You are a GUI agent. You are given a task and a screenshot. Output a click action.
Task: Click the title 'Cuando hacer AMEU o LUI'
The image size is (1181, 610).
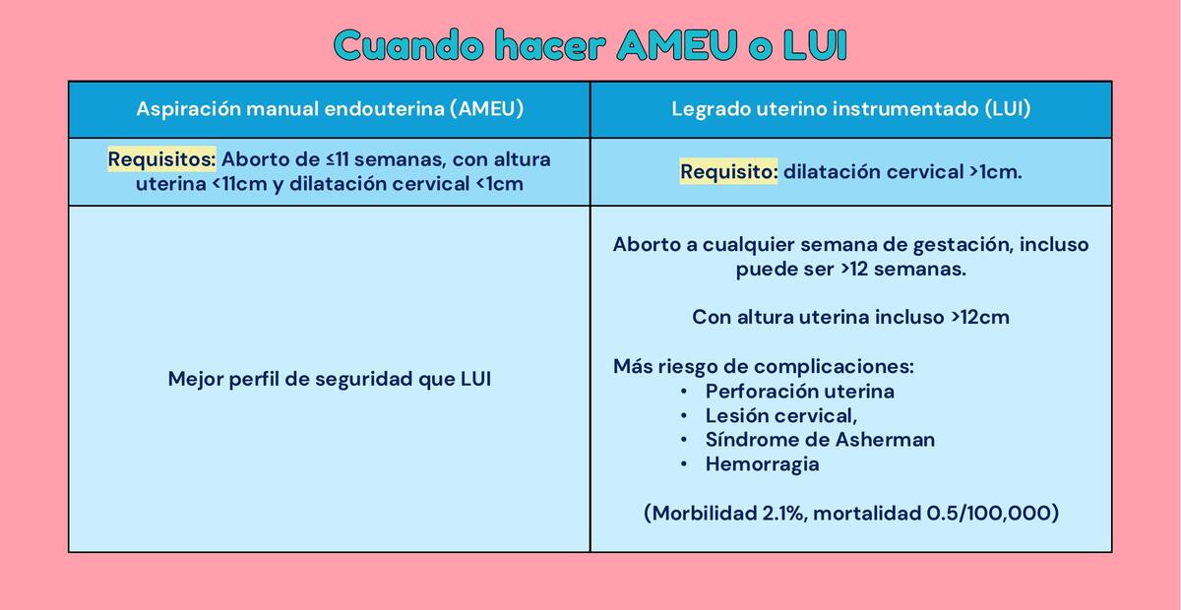click(590, 46)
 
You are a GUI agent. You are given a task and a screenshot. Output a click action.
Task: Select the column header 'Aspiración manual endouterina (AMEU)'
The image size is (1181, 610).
click(329, 109)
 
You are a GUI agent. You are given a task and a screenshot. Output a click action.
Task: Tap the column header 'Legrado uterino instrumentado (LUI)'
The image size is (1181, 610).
click(850, 109)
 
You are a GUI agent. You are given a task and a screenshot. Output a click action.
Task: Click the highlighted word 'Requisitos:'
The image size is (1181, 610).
click(161, 159)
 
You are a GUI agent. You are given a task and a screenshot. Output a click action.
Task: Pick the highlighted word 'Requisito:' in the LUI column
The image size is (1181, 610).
click(728, 172)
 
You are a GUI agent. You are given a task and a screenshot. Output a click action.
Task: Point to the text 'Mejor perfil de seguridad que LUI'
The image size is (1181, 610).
click(329, 379)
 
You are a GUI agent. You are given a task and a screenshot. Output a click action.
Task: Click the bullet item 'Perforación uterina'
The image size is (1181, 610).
click(799, 391)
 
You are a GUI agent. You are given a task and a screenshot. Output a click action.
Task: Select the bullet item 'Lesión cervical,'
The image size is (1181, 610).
click(780, 415)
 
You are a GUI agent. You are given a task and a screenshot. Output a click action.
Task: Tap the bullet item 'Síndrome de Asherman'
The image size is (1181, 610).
click(820, 440)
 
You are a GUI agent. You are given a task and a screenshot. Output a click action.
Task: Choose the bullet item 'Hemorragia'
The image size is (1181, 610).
click(762, 464)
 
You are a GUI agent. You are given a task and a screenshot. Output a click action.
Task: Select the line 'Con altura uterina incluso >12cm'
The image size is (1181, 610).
click(850, 318)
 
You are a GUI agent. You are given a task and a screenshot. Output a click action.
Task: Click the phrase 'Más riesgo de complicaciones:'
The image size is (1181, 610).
click(763, 367)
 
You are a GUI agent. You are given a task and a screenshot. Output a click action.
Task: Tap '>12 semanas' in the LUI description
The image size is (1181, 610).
click(900, 269)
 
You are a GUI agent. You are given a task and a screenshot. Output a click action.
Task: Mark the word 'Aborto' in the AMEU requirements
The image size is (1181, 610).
click(254, 159)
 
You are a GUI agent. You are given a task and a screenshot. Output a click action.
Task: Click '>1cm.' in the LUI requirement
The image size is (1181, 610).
click(995, 172)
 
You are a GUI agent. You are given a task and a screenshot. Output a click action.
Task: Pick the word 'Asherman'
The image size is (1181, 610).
click(885, 440)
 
